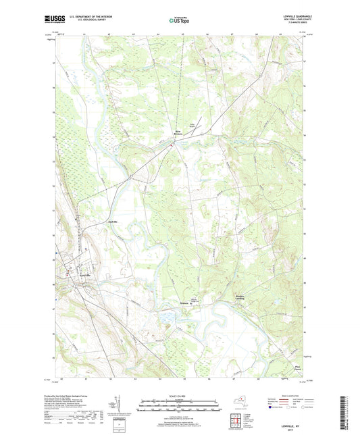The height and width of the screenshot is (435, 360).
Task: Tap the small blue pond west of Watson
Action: (x=166, y=315)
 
